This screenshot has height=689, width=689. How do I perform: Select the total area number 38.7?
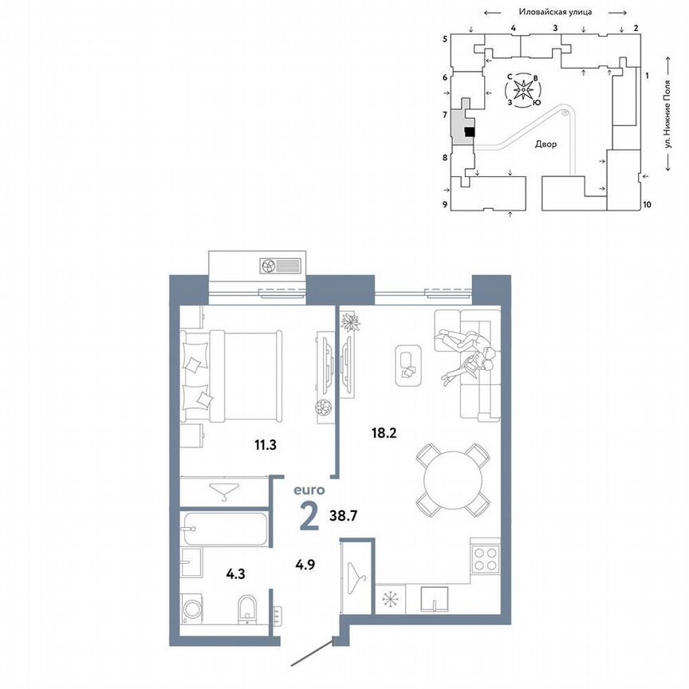pyautogui.click(x=344, y=517)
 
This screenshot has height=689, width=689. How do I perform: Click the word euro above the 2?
pyautogui.click(x=309, y=491)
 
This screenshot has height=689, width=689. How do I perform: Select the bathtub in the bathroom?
pyautogui.click(x=223, y=528)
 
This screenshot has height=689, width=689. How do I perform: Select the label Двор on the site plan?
pyautogui.click(x=546, y=145)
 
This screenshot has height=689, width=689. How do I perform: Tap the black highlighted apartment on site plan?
pyautogui.click(x=469, y=132)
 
